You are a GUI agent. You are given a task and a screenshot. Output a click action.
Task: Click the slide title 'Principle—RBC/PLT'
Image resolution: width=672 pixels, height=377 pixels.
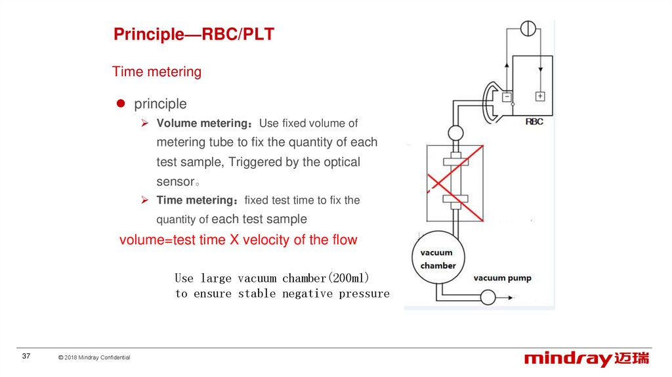(194, 35)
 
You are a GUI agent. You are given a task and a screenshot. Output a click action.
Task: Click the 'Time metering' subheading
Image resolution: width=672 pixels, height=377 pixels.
(157, 72)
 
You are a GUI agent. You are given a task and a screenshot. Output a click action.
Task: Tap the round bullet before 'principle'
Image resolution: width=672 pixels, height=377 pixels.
(120, 104)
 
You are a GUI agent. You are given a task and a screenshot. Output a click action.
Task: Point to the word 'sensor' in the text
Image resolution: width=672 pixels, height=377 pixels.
(176, 181)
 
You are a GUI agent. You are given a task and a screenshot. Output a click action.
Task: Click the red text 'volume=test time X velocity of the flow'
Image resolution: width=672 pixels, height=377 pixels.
(238, 240)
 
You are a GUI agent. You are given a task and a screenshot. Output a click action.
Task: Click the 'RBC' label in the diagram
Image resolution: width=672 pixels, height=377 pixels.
(535, 122)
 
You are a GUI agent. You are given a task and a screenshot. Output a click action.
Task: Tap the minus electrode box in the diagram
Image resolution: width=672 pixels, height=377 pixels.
(507, 97)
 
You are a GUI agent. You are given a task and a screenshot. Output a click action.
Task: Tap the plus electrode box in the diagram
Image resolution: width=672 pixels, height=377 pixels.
(540, 96)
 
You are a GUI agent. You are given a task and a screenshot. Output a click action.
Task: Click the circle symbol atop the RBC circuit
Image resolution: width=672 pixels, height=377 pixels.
(528, 28)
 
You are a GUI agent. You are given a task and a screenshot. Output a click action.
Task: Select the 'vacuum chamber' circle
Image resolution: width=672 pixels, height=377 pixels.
(438, 259)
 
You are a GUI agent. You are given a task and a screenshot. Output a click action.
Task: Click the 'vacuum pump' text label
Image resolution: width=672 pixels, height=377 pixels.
(502, 278)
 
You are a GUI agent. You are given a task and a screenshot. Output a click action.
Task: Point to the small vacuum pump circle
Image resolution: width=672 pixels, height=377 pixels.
(488, 298)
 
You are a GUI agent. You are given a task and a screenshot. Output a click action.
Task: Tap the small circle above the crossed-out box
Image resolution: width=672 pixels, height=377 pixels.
(455, 133)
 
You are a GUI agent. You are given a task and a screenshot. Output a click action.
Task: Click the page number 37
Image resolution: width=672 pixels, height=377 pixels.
(27, 356)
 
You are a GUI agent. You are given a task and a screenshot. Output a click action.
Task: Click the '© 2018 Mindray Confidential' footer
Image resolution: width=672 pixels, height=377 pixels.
(94, 357)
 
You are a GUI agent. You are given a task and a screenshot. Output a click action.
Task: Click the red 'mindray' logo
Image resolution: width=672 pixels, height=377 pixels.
(568, 359)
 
